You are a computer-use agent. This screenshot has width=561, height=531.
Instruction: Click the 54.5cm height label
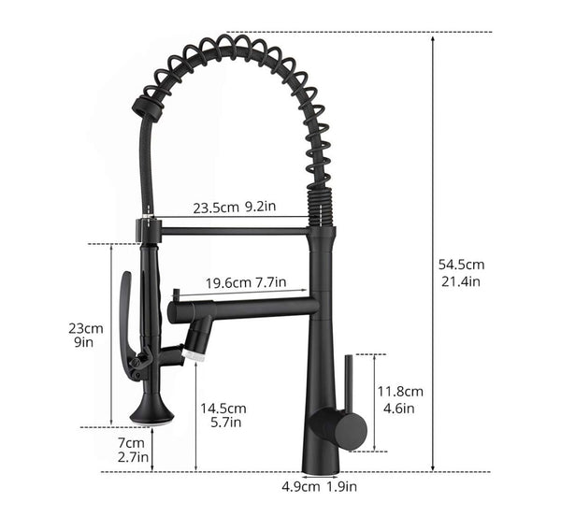463,264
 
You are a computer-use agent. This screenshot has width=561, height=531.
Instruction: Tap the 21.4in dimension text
462,281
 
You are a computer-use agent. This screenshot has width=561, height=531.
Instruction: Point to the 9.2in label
262,208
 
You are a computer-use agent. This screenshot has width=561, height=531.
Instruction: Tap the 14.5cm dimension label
223,408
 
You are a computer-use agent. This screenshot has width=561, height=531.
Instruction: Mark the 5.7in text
223,423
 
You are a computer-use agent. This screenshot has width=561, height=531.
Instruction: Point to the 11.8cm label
400,391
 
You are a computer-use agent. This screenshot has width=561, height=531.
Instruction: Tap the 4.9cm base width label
299,485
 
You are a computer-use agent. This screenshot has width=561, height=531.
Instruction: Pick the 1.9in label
341,485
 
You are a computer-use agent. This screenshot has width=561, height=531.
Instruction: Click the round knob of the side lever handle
351,428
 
